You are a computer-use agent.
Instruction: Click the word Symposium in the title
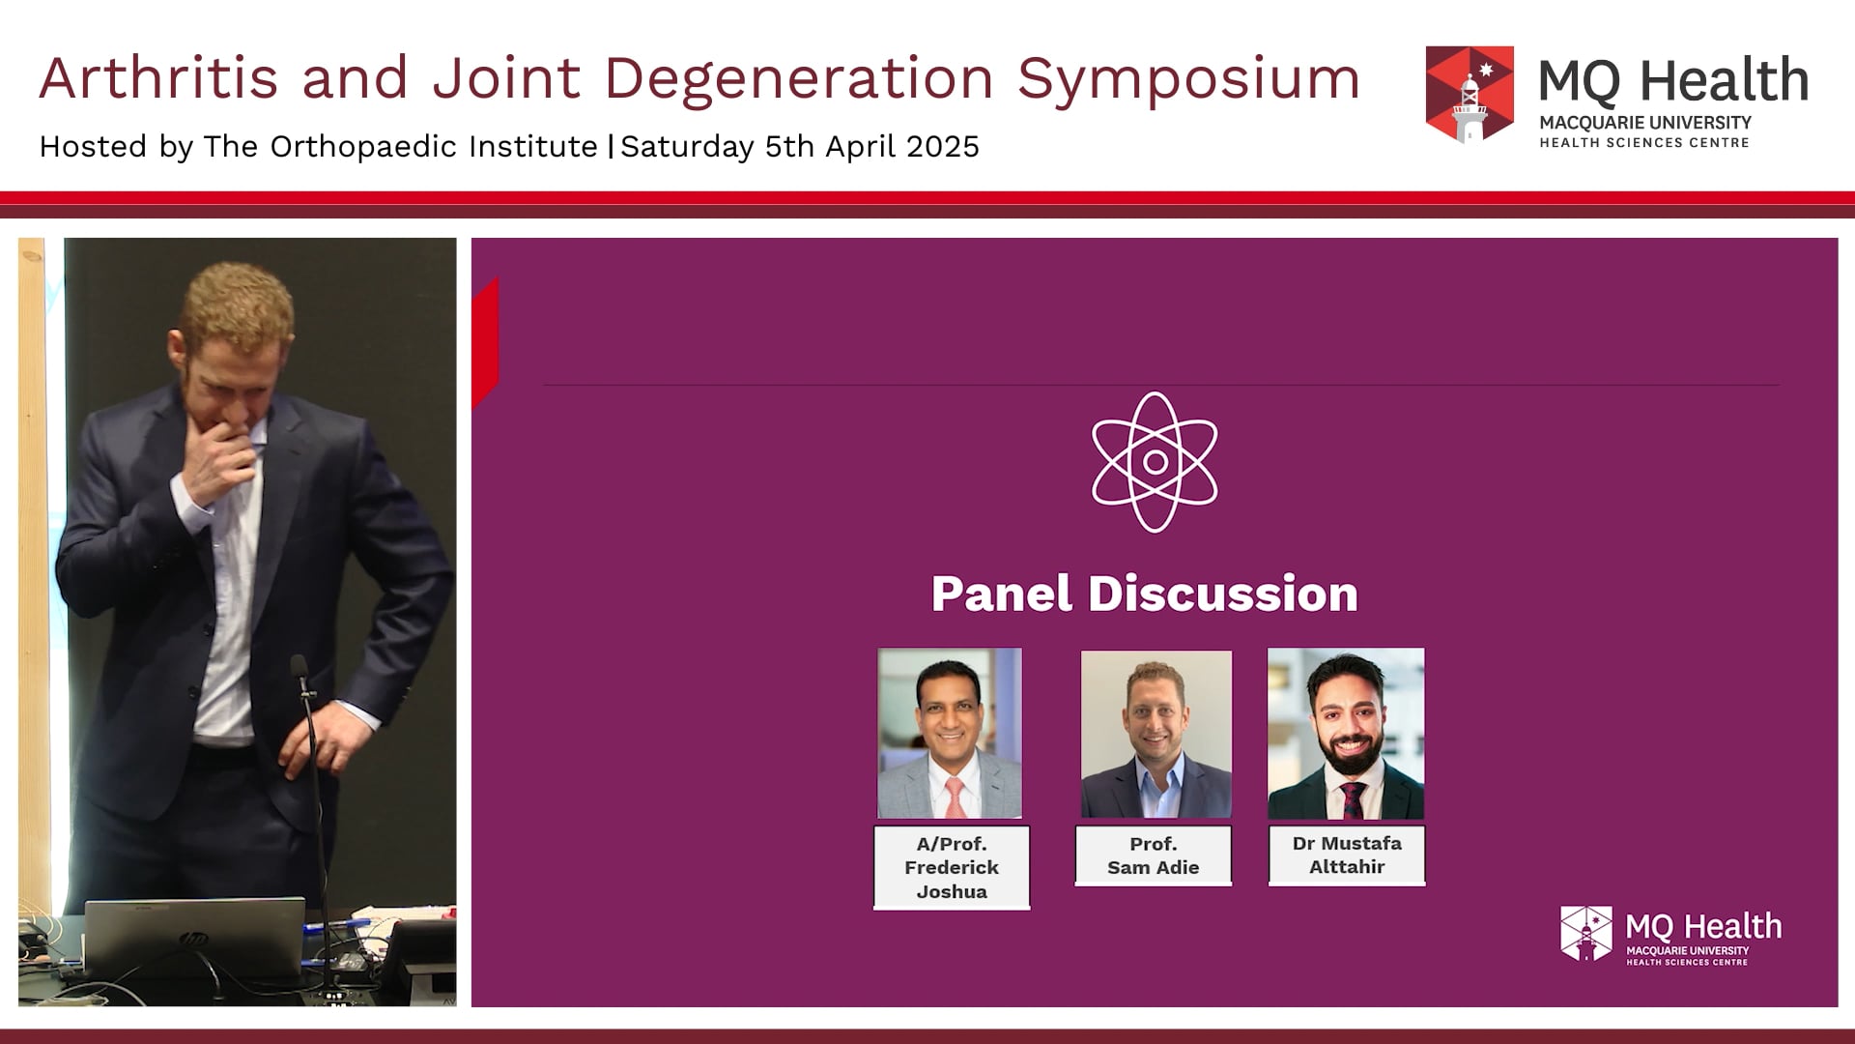pyautogui.click(x=1188, y=79)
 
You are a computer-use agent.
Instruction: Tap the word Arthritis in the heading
pyautogui.click(x=158, y=77)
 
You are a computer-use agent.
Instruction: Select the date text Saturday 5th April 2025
pyautogui.click(x=800, y=147)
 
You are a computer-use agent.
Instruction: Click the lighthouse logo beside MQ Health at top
pyautogui.click(x=1470, y=95)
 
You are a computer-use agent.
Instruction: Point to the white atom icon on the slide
pyautogui.click(x=1155, y=462)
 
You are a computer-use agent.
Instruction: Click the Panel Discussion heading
pyautogui.click(x=1145, y=594)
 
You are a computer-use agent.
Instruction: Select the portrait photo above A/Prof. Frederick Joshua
pyautogui.click(x=950, y=733)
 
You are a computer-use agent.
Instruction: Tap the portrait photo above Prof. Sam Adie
pyautogui.click(x=1156, y=734)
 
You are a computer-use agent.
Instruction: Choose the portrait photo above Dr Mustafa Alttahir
pyautogui.click(x=1346, y=733)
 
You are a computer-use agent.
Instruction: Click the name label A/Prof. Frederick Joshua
pyautogui.click(x=952, y=867)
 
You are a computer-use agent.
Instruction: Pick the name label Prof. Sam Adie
pyautogui.click(x=1154, y=855)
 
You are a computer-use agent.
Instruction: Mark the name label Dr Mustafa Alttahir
pyautogui.click(x=1347, y=855)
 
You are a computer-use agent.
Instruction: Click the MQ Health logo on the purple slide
pyautogui.click(x=1671, y=935)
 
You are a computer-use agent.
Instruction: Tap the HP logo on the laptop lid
pyautogui.click(x=193, y=939)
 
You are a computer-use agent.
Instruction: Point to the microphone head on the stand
pyautogui.click(x=300, y=668)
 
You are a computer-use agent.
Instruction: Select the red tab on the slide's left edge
pyautogui.click(x=485, y=343)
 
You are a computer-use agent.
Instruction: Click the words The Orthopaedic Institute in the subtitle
pyautogui.click(x=400, y=147)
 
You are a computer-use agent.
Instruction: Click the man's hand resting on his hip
pyautogui.click(x=324, y=743)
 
